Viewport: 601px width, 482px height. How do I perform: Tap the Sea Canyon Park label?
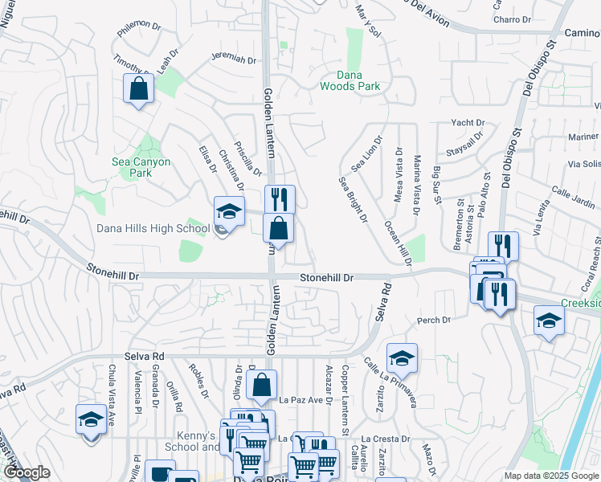[x=141, y=167]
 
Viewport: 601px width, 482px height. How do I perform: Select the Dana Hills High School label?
[x=153, y=228]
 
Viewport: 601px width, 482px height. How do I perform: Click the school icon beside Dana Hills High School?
[x=229, y=212]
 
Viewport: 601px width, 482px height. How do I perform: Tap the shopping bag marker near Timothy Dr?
[x=139, y=88]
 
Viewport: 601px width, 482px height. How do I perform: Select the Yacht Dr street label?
[x=468, y=123]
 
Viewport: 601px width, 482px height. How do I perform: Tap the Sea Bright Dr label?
[x=352, y=199]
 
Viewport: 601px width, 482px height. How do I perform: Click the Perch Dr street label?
[x=434, y=321]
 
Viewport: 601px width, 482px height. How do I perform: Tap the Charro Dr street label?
[x=513, y=19]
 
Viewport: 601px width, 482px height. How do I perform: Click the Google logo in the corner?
[x=27, y=472]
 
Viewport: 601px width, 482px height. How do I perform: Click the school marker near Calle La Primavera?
[x=402, y=358]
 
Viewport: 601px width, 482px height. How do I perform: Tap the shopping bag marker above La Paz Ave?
[x=262, y=386]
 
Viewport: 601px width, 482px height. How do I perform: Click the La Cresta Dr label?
[x=390, y=439]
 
